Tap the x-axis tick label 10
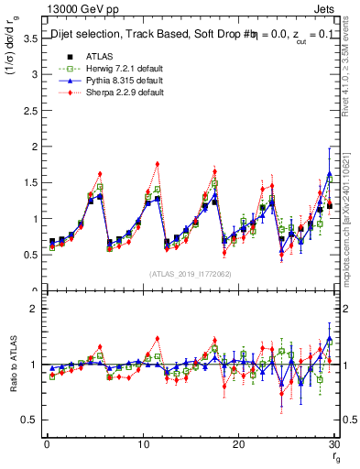point(142,444)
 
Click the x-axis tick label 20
point(238,444)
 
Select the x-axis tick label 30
point(333,444)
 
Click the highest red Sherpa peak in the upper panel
point(158,164)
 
